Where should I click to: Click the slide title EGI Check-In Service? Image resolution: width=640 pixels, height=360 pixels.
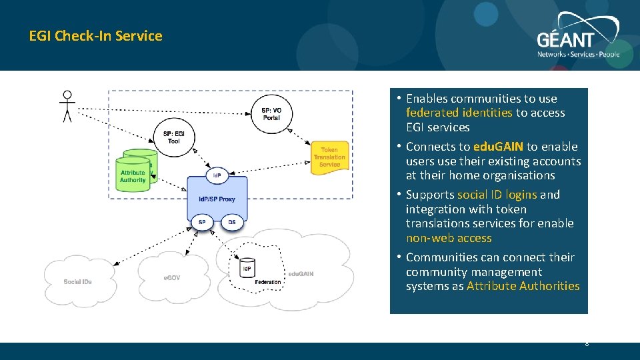point(95,36)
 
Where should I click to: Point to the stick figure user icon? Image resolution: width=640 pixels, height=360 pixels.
point(67,106)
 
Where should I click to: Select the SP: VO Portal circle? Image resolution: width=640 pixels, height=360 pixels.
point(271,114)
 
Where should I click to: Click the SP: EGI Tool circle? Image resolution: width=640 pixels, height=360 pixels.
point(173,137)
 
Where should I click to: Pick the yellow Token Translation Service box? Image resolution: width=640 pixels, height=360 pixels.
point(329,158)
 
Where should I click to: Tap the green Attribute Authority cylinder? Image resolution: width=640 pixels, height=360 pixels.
point(133,175)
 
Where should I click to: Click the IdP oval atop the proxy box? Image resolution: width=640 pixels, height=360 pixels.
point(217,176)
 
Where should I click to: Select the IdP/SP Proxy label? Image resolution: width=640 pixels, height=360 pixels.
point(217,199)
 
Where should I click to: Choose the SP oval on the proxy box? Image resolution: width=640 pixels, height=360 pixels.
point(202,222)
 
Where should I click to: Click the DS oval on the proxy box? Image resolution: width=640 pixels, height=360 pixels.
point(232,222)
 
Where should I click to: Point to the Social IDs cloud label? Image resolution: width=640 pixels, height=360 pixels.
point(77,282)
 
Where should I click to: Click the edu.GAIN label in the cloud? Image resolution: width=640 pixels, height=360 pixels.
point(300,274)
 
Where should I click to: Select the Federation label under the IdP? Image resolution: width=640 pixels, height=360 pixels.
point(268,282)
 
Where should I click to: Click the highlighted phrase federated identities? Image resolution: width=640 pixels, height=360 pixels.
point(459,113)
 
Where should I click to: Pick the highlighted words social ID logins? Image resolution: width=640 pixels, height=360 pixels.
point(497,195)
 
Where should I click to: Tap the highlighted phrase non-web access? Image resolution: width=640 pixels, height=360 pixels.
point(449,238)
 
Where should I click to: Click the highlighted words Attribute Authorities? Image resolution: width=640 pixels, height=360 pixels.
point(523,286)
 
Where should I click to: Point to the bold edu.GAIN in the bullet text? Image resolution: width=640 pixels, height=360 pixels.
point(498,147)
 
